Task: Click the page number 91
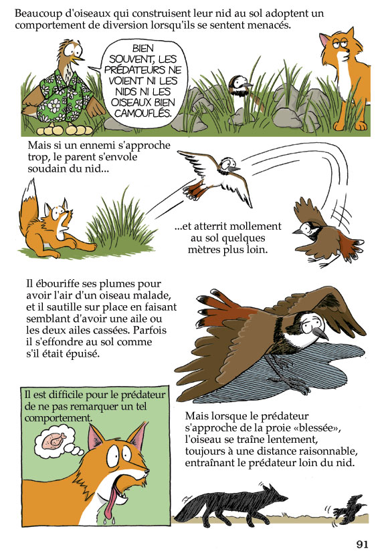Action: [362, 544]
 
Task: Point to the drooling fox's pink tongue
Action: [112, 500]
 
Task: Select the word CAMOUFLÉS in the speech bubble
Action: [142, 113]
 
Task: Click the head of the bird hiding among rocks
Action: [239, 84]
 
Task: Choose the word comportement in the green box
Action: [58, 418]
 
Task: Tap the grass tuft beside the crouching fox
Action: [121, 221]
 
